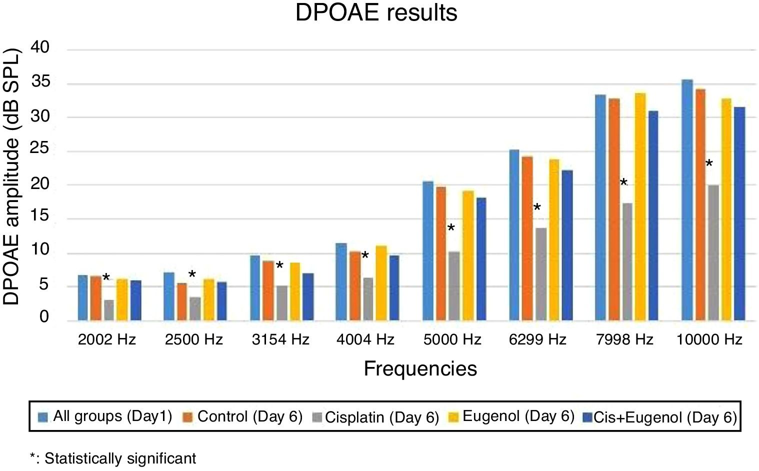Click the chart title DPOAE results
tap(376, 12)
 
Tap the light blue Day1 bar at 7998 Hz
tap(600, 207)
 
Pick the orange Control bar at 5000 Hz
tap(441, 253)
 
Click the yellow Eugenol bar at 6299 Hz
tap(554, 240)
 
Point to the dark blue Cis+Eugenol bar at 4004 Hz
tap(394, 288)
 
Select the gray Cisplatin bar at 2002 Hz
tap(109, 310)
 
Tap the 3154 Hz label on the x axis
tap(280, 340)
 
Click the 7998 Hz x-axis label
tap(624, 340)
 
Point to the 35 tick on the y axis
tap(40, 82)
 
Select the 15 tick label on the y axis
tap(40, 216)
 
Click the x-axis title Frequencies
tap(420, 368)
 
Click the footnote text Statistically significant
tap(120, 458)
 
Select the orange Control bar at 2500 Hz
tap(182, 301)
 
